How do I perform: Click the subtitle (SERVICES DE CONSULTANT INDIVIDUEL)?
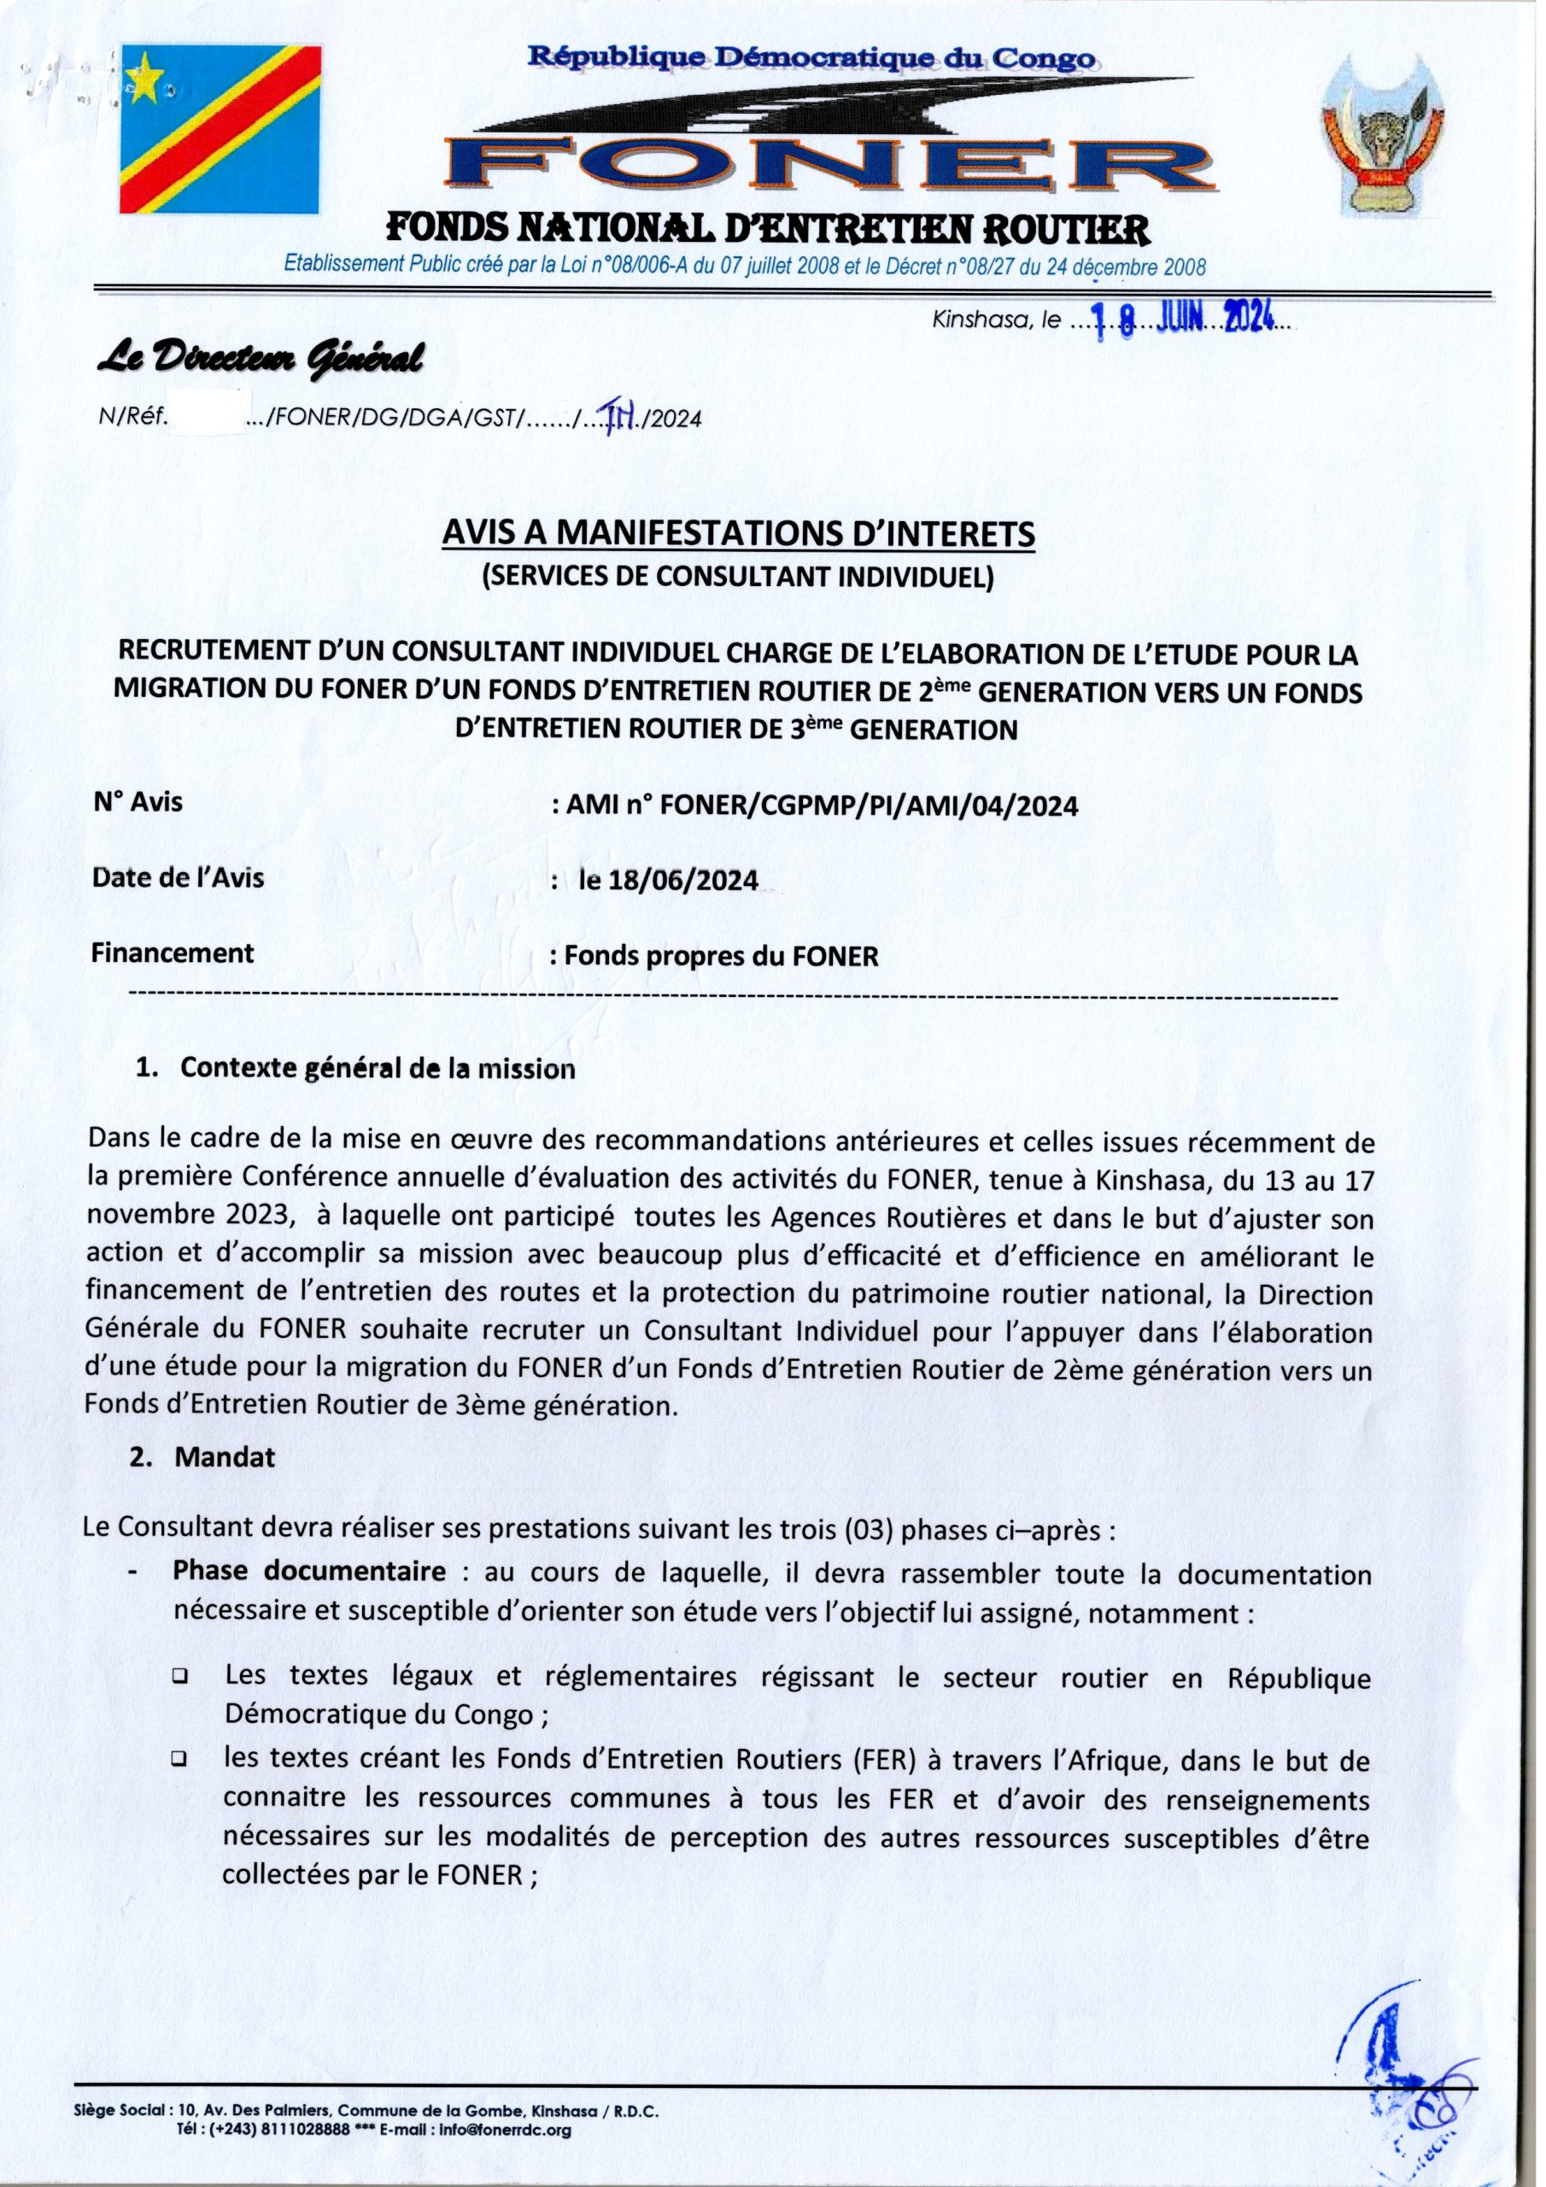click(x=738, y=578)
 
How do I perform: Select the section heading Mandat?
click(x=225, y=1457)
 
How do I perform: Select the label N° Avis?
click(x=138, y=802)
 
